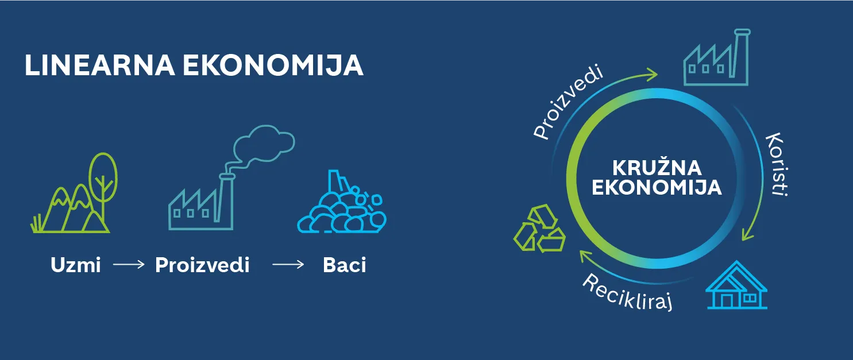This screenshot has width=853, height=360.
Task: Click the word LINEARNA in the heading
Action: click(100, 65)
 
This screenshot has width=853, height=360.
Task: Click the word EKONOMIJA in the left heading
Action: click(273, 65)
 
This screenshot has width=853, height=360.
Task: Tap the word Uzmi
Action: click(76, 265)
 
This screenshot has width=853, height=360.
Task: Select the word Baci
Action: click(344, 265)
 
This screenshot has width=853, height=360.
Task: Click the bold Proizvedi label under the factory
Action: click(202, 265)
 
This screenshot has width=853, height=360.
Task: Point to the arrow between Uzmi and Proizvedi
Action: click(129, 264)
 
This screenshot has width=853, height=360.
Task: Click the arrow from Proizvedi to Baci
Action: click(288, 264)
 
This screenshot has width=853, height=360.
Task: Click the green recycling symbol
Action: click(539, 229)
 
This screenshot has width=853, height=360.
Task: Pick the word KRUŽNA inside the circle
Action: click(657, 168)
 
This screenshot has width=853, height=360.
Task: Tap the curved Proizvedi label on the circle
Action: click(568, 103)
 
